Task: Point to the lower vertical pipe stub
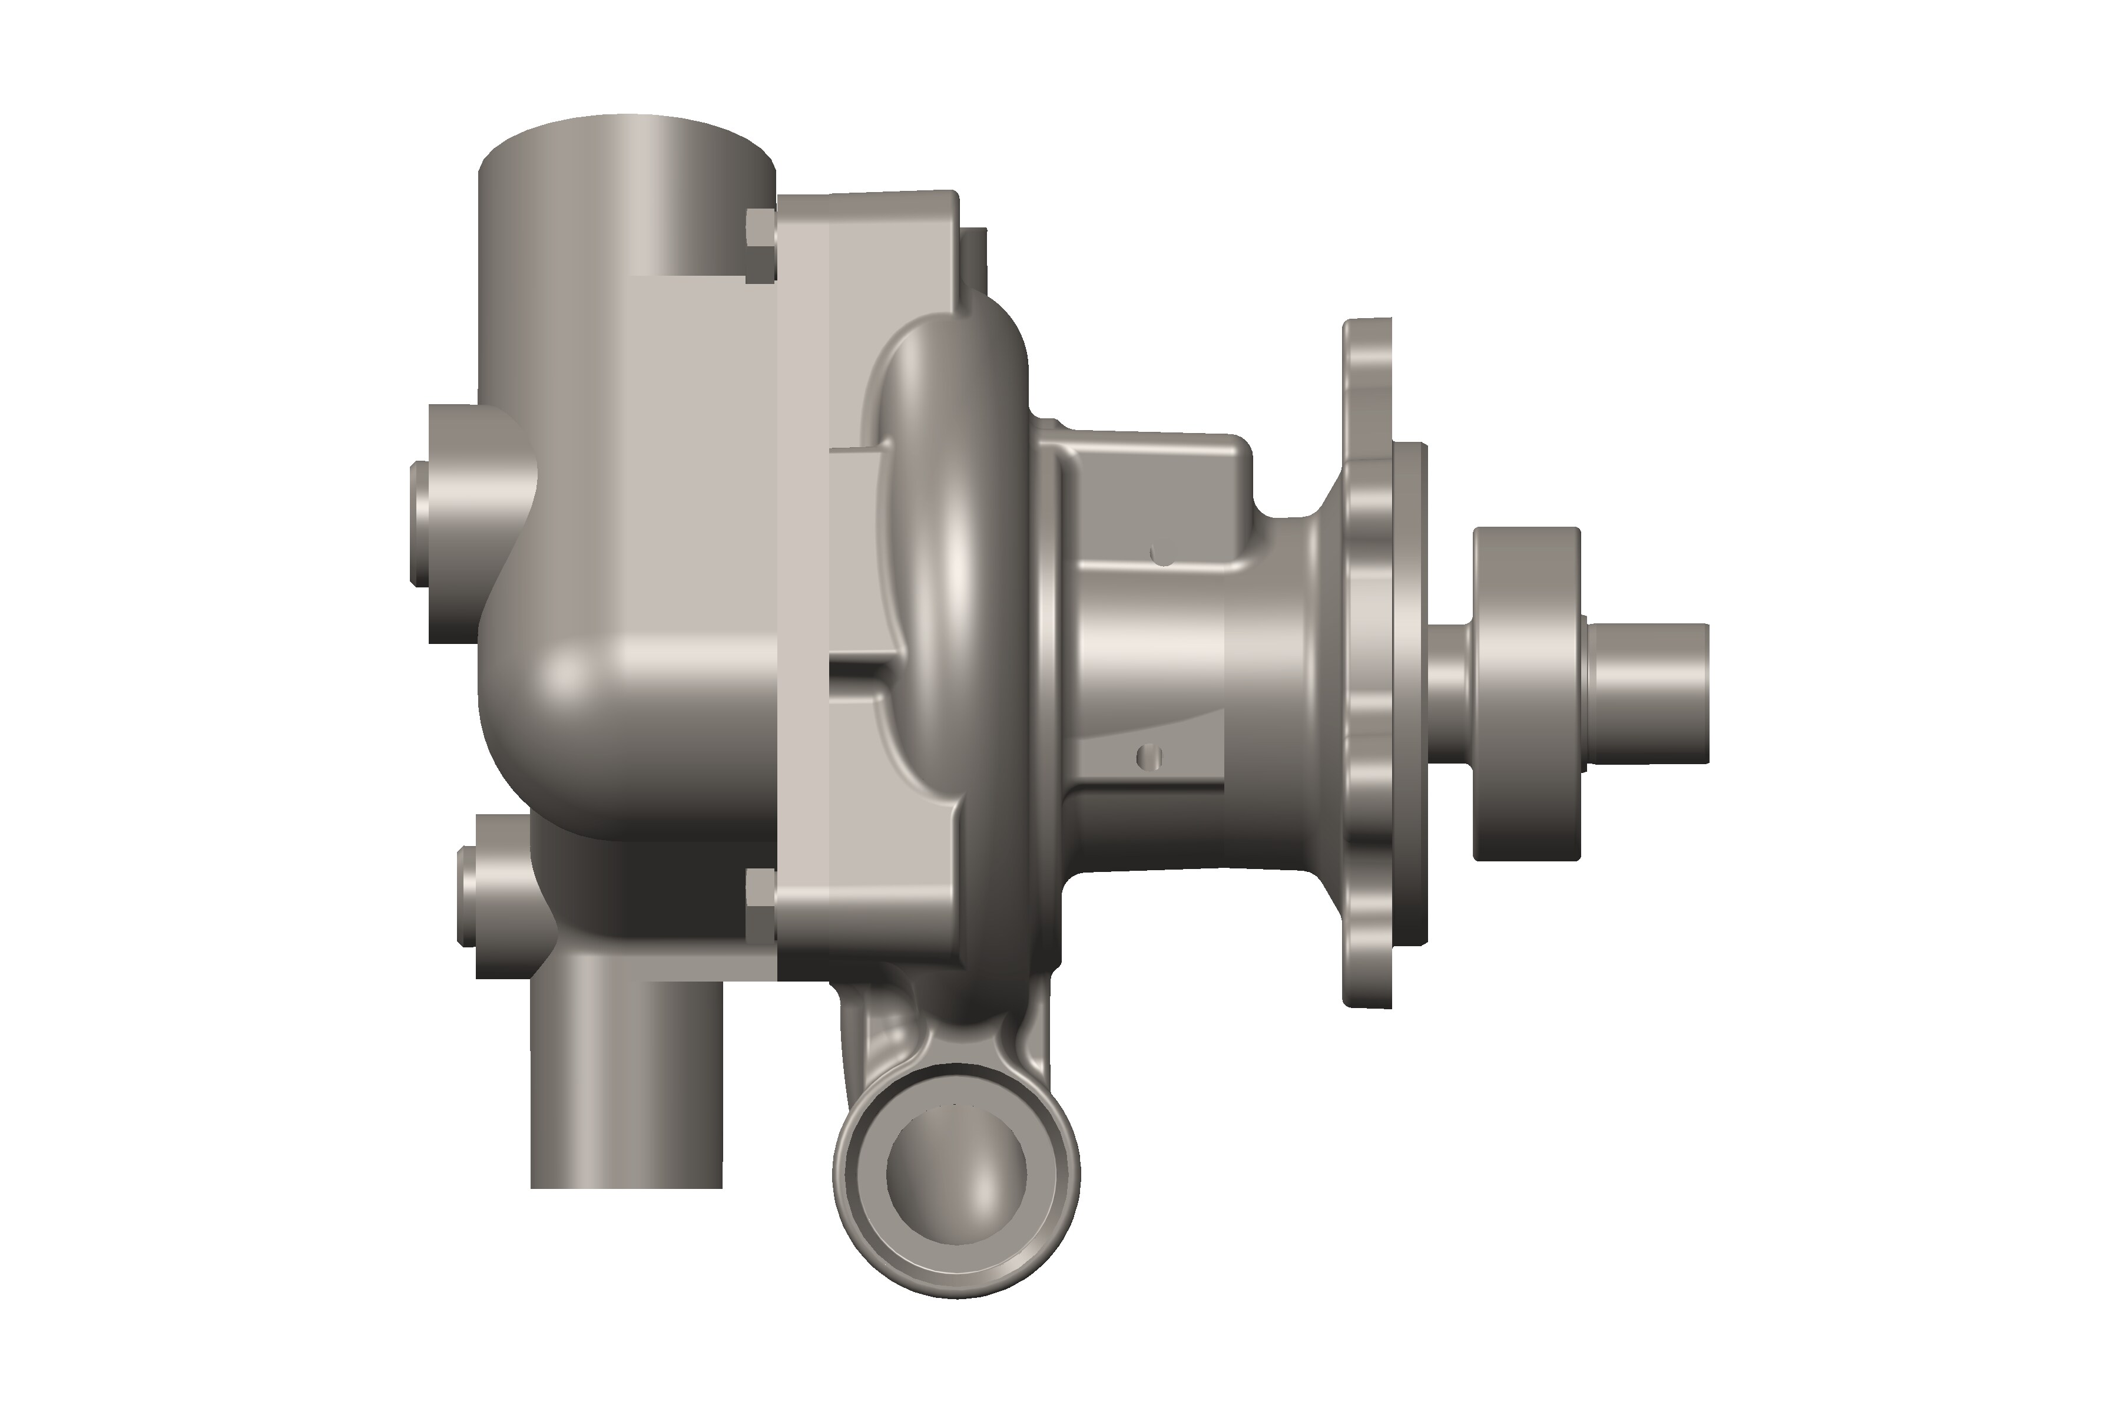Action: click(627, 1082)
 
